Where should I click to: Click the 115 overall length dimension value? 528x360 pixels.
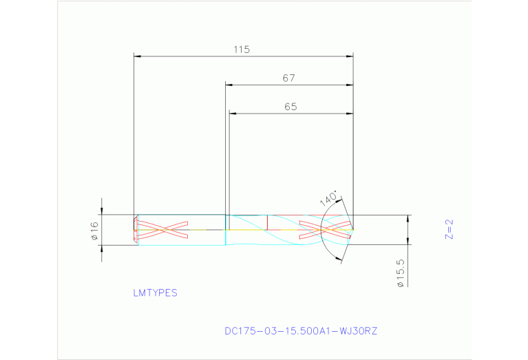point(241,50)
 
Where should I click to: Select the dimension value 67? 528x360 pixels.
point(288,78)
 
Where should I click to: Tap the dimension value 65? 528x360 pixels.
point(290,107)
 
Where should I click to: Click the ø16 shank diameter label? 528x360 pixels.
point(95,231)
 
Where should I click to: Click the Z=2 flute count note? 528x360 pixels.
point(450,229)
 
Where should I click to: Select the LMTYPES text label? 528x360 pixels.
point(155,293)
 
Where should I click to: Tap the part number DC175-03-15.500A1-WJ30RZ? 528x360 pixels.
point(301,331)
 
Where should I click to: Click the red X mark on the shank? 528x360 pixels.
point(162,230)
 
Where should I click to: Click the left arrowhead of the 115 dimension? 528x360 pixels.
point(137,56)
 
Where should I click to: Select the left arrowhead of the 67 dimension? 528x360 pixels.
point(229,85)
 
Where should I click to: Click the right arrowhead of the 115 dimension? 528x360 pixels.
point(350,56)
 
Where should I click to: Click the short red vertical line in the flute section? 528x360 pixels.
point(267,222)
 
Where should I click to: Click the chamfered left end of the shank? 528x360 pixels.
point(136,230)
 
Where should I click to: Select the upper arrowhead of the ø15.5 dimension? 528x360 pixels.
point(408,219)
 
